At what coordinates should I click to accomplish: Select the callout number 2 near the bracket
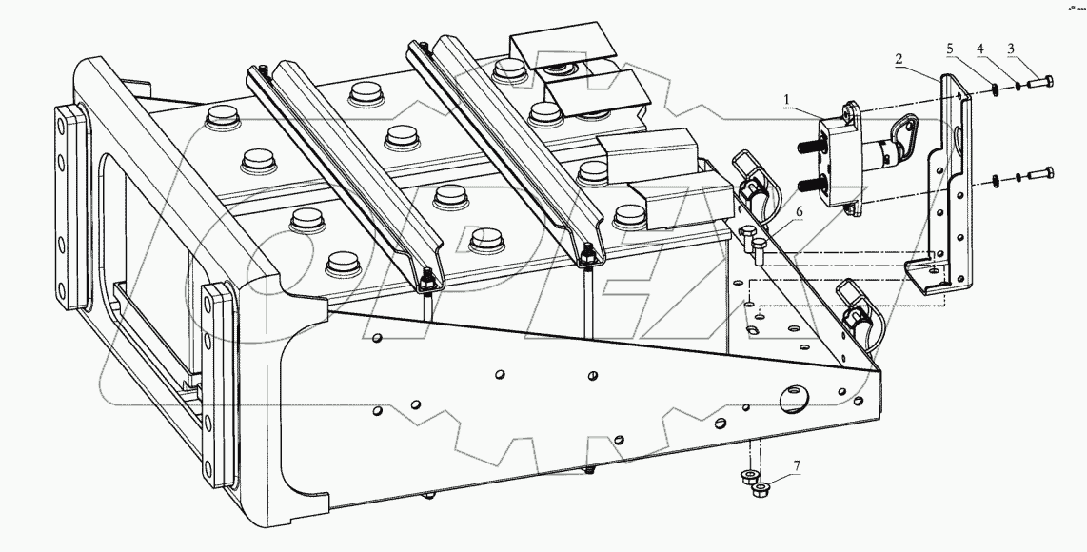point(898,59)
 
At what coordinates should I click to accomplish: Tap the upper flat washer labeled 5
point(993,88)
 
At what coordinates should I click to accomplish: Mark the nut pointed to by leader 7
point(761,491)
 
